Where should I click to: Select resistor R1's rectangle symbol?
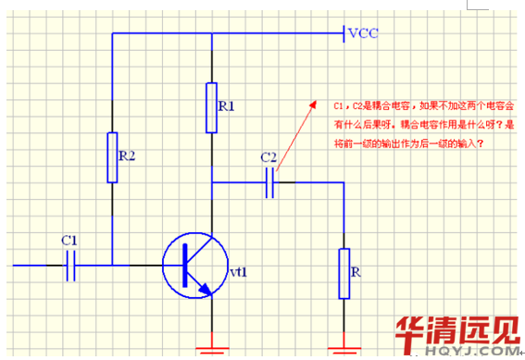(212, 106)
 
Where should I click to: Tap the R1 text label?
(226, 107)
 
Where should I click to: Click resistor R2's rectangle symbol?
(112, 156)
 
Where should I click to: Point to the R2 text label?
(127, 155)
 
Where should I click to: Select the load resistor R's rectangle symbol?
(344, 273)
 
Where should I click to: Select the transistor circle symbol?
(194, 266)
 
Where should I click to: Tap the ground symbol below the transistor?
(212, 349)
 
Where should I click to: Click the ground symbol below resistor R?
(344, 348)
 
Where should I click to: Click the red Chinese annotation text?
(425, 124)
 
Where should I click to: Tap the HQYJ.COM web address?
(481, 353)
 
